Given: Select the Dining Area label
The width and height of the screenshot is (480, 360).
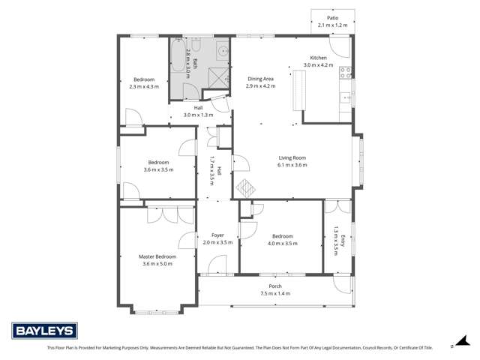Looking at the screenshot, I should tap(260, 78).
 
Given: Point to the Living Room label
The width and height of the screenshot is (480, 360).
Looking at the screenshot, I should tap(292, 157).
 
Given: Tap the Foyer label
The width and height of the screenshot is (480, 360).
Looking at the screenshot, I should tap(217, 235).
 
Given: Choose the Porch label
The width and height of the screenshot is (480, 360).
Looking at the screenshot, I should tap(275, 286).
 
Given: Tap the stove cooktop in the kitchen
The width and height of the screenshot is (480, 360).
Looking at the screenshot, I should tap(346, 73).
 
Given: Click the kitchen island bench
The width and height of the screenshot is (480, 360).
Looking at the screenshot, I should tap(295, 93).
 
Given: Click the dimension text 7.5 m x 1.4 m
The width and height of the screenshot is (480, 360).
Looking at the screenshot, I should tap(275, 293).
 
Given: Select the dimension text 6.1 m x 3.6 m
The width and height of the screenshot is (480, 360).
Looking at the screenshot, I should tap(292, 165).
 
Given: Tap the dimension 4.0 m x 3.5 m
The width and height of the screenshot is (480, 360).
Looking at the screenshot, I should tap(282, 243).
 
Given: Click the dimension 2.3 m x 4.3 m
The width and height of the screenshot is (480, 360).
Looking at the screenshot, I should tap(144, 87).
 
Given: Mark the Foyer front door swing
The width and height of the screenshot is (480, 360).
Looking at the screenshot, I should tap(217, 264).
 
